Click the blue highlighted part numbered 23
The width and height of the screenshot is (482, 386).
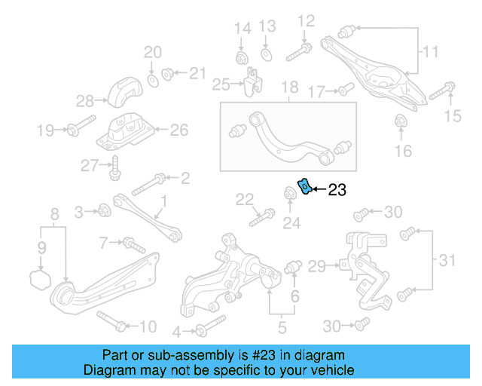[x=305, y=185]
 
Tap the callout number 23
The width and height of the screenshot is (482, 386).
[x=337, y=191]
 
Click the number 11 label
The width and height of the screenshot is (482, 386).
[x=429, y=53]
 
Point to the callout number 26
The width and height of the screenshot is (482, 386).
[x=178, y=130]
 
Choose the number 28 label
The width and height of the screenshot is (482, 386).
[x=84, y=100]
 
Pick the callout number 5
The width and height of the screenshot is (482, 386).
[x=282, y=327]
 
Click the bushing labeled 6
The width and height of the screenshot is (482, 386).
[x=294, y=267]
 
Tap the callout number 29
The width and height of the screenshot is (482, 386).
[x=316, y=265]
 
